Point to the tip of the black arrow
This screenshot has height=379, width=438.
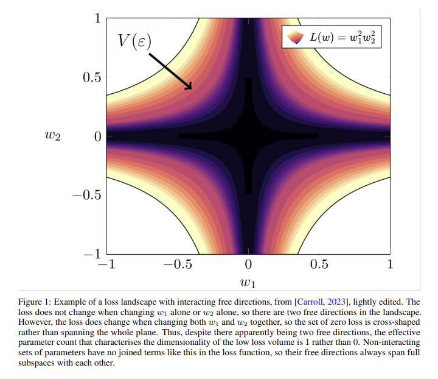click(192, 89)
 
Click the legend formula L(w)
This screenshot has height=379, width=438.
click(344, 37)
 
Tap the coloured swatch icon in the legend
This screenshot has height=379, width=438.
click(294, 37)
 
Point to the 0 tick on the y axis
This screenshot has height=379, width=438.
click(96, 136)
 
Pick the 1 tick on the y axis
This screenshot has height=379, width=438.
click(96, 18)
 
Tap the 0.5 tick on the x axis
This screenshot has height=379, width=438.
click(319, 264)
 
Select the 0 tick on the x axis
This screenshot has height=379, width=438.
click(248, 264)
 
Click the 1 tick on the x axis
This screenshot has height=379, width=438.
click(390, 264)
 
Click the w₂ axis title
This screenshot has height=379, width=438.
click(54, 136)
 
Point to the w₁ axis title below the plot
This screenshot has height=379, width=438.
click(248, 283)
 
